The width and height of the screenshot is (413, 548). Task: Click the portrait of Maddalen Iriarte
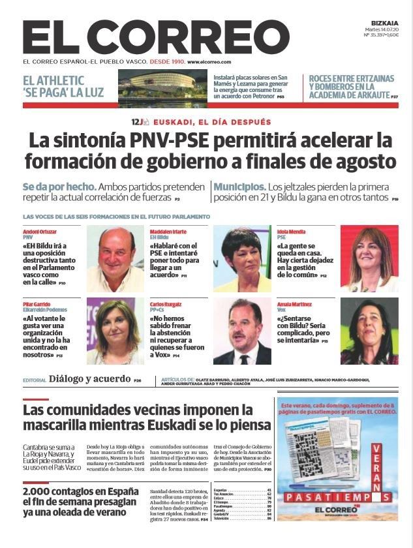point(241,259)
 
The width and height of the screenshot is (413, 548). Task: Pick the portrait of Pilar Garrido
point(115,331)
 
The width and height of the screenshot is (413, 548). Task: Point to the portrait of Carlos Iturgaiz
point(241,331)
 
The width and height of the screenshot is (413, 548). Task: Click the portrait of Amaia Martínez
point(369,331)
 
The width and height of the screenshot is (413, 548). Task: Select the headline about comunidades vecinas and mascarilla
point(146,418)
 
